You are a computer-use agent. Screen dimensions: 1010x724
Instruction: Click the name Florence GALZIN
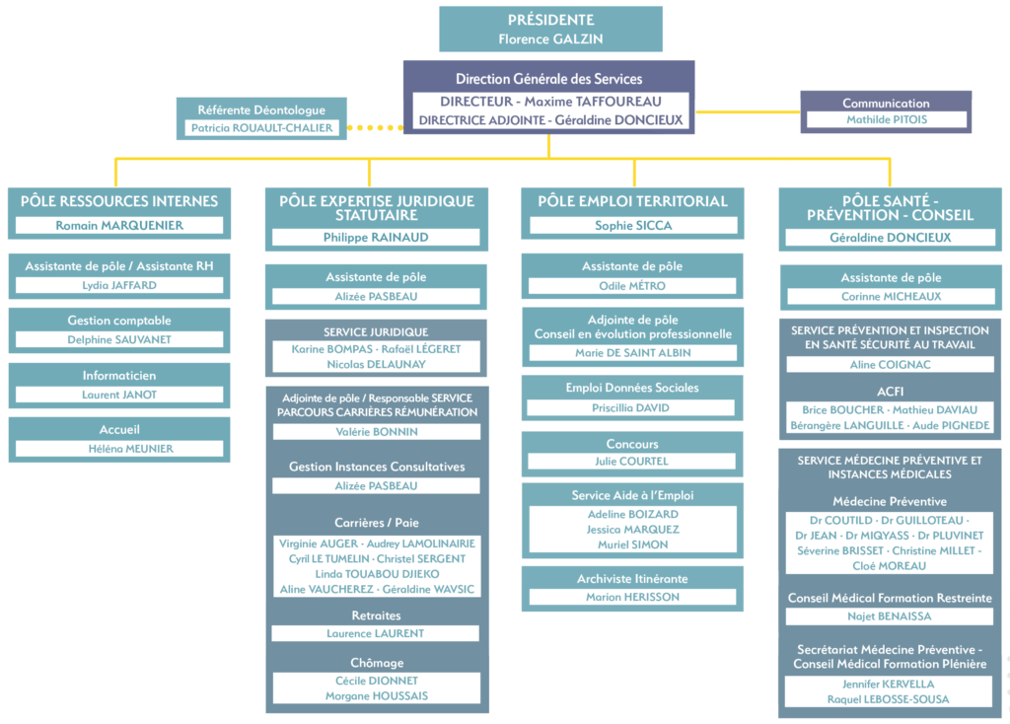(x=550, y=38)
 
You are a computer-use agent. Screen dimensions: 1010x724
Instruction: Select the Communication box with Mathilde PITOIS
(x=886, y=112)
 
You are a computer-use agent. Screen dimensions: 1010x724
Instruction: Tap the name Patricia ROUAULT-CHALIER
(x=261, y=128)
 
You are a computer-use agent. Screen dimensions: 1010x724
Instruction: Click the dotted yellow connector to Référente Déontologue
(x=375, y=127)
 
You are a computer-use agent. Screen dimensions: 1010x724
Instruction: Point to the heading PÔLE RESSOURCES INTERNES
(x=119, y=201)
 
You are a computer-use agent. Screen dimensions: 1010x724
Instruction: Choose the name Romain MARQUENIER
(x=119, y=226)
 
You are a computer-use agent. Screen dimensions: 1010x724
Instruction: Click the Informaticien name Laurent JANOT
(x=119, y=395)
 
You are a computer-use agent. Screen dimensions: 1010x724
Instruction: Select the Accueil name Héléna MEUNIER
(x=131, y=449)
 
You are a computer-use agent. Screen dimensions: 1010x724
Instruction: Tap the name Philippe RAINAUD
(x=376, y=237)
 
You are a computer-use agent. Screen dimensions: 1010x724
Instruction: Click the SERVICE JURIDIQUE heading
(x=376, y=332)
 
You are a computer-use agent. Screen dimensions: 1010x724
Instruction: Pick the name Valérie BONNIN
(x=377, y=432)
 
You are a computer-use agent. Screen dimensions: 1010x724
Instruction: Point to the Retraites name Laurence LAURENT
(x=376, y=634)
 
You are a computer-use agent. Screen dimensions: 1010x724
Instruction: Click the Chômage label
(x=377, y=663)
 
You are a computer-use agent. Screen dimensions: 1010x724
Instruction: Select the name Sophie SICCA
(x=633, y=226)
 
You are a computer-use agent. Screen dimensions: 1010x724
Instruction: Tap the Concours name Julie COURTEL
(x=632, y=462)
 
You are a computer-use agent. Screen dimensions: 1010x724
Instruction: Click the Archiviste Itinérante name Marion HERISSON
(x=632, y=597)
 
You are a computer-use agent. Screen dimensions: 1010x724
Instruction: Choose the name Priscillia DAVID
(x=630, y=407)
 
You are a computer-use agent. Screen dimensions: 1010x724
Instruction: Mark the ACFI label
(x=891, y=392)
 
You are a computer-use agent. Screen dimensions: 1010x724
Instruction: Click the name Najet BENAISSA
(x=890, y=616)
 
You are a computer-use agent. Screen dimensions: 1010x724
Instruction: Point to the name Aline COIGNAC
(x=891, y=365)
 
